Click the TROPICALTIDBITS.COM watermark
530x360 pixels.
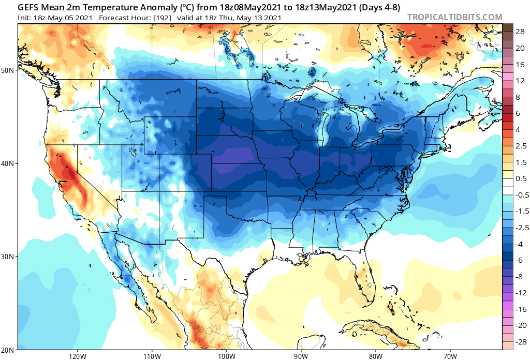click(x=454, y=17)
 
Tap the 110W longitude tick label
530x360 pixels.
click(x=152, y=355)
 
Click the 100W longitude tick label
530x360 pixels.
click(x=226, y=355)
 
